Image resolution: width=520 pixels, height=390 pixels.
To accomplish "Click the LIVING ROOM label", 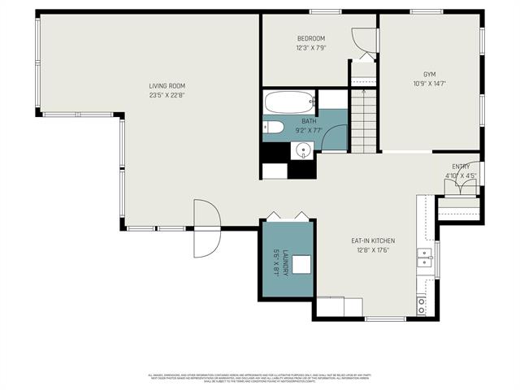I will tap(167, 86).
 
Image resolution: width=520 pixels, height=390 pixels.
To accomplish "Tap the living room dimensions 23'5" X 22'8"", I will tap(167, 95).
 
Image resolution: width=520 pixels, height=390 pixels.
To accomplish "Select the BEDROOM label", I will tap(310, 39).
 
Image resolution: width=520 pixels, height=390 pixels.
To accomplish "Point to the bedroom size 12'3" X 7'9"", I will tap(310, 48).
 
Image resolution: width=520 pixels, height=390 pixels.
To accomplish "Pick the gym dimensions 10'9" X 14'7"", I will tap(430, 83).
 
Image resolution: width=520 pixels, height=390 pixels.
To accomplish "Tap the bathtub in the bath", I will tap(289, 103).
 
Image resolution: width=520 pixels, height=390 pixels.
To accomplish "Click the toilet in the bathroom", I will tap(272, 127).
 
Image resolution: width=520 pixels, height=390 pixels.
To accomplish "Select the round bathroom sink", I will tap(304, 149).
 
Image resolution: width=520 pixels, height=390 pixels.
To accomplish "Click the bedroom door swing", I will tap(359, 41).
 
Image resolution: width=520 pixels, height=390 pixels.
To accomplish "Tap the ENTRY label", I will tap(461, 166).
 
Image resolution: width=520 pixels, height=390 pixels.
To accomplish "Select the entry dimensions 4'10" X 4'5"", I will tap(461, 175).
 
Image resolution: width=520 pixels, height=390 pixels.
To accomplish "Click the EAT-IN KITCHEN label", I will tap(373, 240).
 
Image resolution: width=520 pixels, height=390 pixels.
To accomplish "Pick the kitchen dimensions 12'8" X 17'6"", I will tap(373, 250).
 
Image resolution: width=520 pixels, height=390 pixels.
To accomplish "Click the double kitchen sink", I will tap(424, 258).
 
